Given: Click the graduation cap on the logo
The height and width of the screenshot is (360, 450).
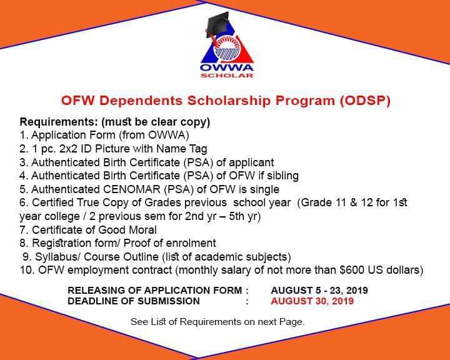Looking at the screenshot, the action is point(217,24).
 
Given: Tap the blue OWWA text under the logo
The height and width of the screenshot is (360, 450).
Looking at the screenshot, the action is point(227,68).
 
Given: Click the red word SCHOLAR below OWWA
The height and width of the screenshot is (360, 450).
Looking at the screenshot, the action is point(227,76).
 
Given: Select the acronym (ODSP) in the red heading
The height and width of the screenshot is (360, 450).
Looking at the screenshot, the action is point(365,101).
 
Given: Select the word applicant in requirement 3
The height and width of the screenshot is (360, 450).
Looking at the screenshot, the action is point(251,162).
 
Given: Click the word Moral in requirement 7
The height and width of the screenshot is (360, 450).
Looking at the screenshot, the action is point(142,230).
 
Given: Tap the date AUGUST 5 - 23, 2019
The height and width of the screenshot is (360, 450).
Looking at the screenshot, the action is point(319,291).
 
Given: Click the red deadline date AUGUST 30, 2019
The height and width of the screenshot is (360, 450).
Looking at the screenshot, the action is point(312,301).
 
